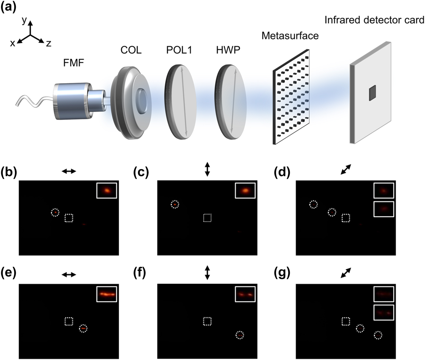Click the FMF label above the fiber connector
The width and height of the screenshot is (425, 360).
[x=73, y=63]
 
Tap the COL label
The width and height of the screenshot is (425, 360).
[x=131, y=50]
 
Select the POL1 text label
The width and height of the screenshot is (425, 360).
[x=179, y=50]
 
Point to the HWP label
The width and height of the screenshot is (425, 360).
[x=228, y=50]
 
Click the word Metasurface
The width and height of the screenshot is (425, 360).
[x=290, y=35]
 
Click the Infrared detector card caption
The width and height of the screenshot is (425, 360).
[x=374, y=20]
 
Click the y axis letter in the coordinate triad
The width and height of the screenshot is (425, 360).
[x=24, y=21]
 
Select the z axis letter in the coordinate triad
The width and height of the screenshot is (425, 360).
[x=49, y=44]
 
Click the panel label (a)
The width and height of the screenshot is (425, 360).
[x=8, y=7]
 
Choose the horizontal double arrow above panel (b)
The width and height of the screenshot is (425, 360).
[x=69, y=172]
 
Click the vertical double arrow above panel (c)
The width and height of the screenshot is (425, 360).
[x=207, y=169]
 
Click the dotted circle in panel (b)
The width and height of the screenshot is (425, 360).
[x=55, y=212]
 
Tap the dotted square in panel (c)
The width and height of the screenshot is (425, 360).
[x=208, y=218]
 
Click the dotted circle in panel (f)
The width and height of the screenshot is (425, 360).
[x=240, y=335]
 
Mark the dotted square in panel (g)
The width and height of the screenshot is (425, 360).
[x=345, y=321]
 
